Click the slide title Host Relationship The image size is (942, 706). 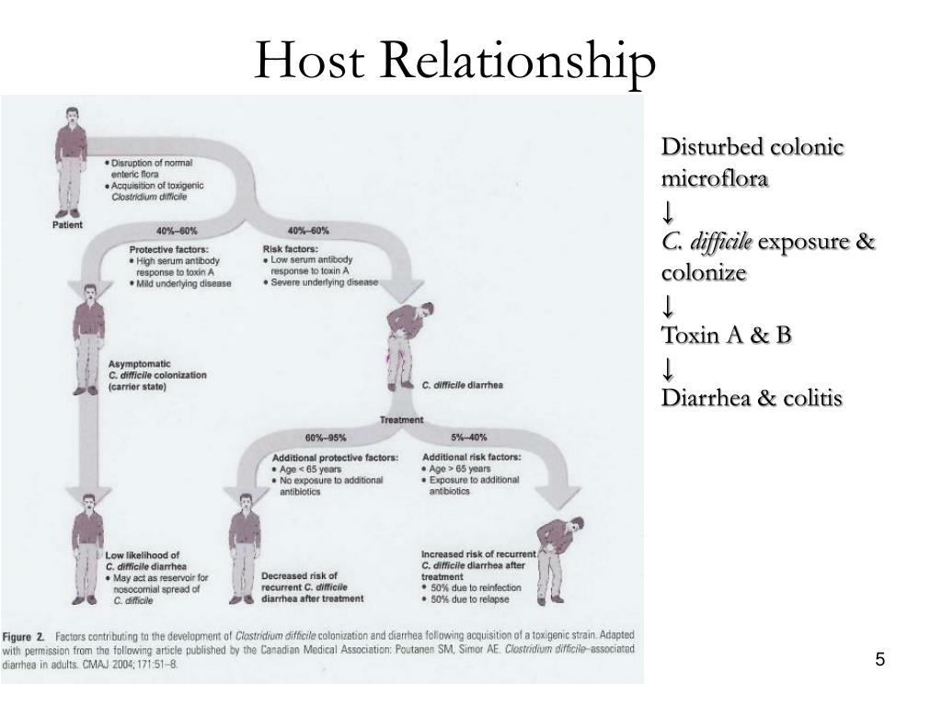click(x=455, y=62)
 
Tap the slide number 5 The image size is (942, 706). click(x=880, y=659)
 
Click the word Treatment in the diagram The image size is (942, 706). click(x=402, y=420)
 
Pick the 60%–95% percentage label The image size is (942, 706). click(x=313, y=437)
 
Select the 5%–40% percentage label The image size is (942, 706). click(x=469, y=437)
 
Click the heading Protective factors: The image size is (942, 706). click(x=168, y=249)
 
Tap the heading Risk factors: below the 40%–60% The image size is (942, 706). click(x=291, y=249)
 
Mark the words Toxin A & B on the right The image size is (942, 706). click(x=727, y=335)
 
